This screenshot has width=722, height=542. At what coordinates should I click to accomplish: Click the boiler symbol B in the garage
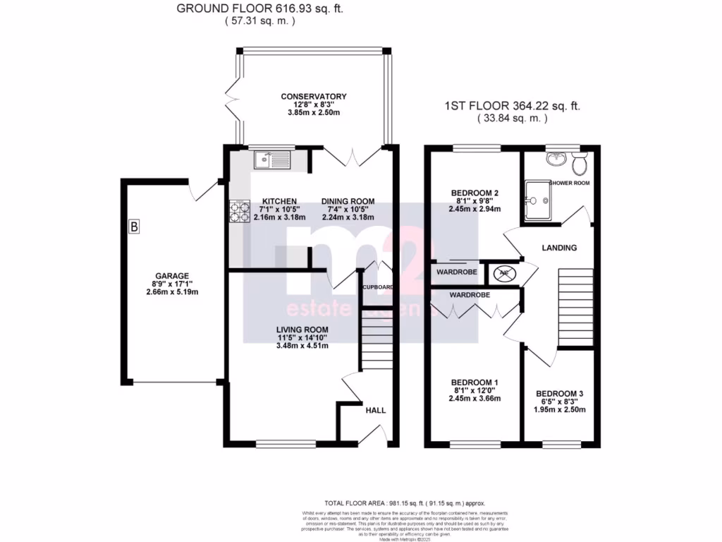[x=134, y=227]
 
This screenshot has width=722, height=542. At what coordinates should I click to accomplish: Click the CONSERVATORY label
[x=314, y=97]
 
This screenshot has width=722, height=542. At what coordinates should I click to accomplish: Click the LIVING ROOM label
[x=302, y=330]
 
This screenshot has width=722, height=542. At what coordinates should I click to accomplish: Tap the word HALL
[x=375, y=409]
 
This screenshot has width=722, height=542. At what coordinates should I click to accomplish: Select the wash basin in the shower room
[x=556, y=158]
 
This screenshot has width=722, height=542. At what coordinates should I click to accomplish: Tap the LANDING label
[x=559, y=248]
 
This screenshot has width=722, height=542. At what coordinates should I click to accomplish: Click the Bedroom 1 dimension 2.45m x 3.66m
[x=474, y=398]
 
